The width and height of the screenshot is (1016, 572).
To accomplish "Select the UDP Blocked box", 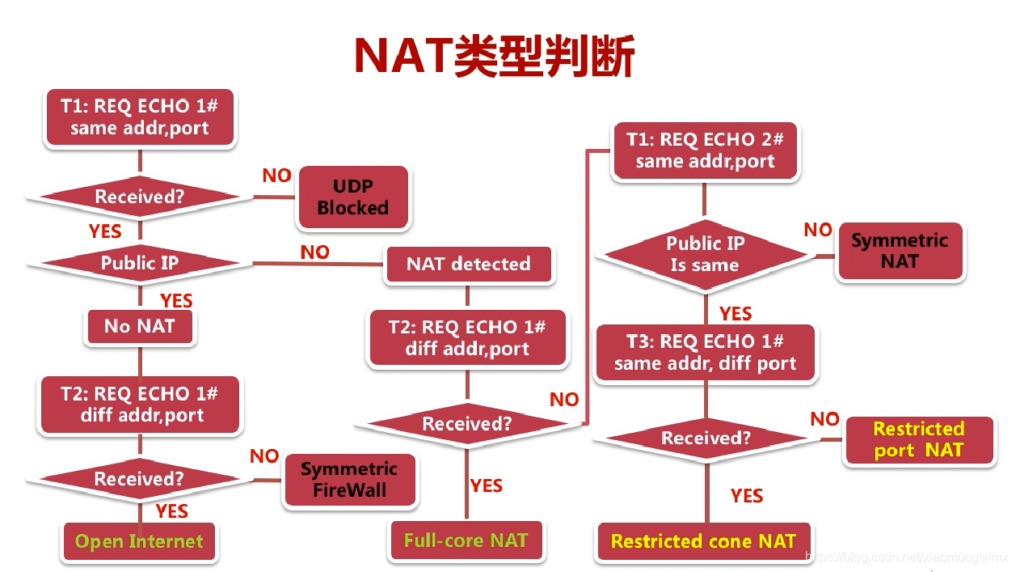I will point(353,197).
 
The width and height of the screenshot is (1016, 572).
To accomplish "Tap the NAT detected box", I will point(469,265).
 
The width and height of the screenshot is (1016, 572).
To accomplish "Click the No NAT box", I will point(140,327).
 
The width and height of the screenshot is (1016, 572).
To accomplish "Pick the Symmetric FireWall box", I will point(349,480).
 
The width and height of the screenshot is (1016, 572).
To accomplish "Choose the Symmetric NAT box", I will point(900,252).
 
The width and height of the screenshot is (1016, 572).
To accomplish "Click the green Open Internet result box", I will point(139,541).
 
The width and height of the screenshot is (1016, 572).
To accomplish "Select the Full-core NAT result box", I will point(466,540).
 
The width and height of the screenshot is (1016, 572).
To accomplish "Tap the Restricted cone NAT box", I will point(703,541).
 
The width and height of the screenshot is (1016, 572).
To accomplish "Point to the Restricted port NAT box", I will point(919,440).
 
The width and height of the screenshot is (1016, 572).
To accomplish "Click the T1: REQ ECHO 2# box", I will point(705,150).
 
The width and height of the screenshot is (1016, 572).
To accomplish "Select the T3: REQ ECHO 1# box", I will point(706,353).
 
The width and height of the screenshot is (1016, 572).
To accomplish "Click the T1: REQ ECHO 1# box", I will point(139,117).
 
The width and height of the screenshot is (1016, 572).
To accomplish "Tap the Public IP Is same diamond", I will point(704,255).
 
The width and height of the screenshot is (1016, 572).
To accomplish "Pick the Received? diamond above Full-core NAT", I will point(467,424).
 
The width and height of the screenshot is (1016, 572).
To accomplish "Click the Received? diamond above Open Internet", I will point(139,479).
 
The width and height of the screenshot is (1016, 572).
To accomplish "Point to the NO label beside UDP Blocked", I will point(276,176).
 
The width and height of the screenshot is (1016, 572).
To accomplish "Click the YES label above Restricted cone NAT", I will point(746,496).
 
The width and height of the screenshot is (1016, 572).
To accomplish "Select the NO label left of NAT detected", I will point(314,252).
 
